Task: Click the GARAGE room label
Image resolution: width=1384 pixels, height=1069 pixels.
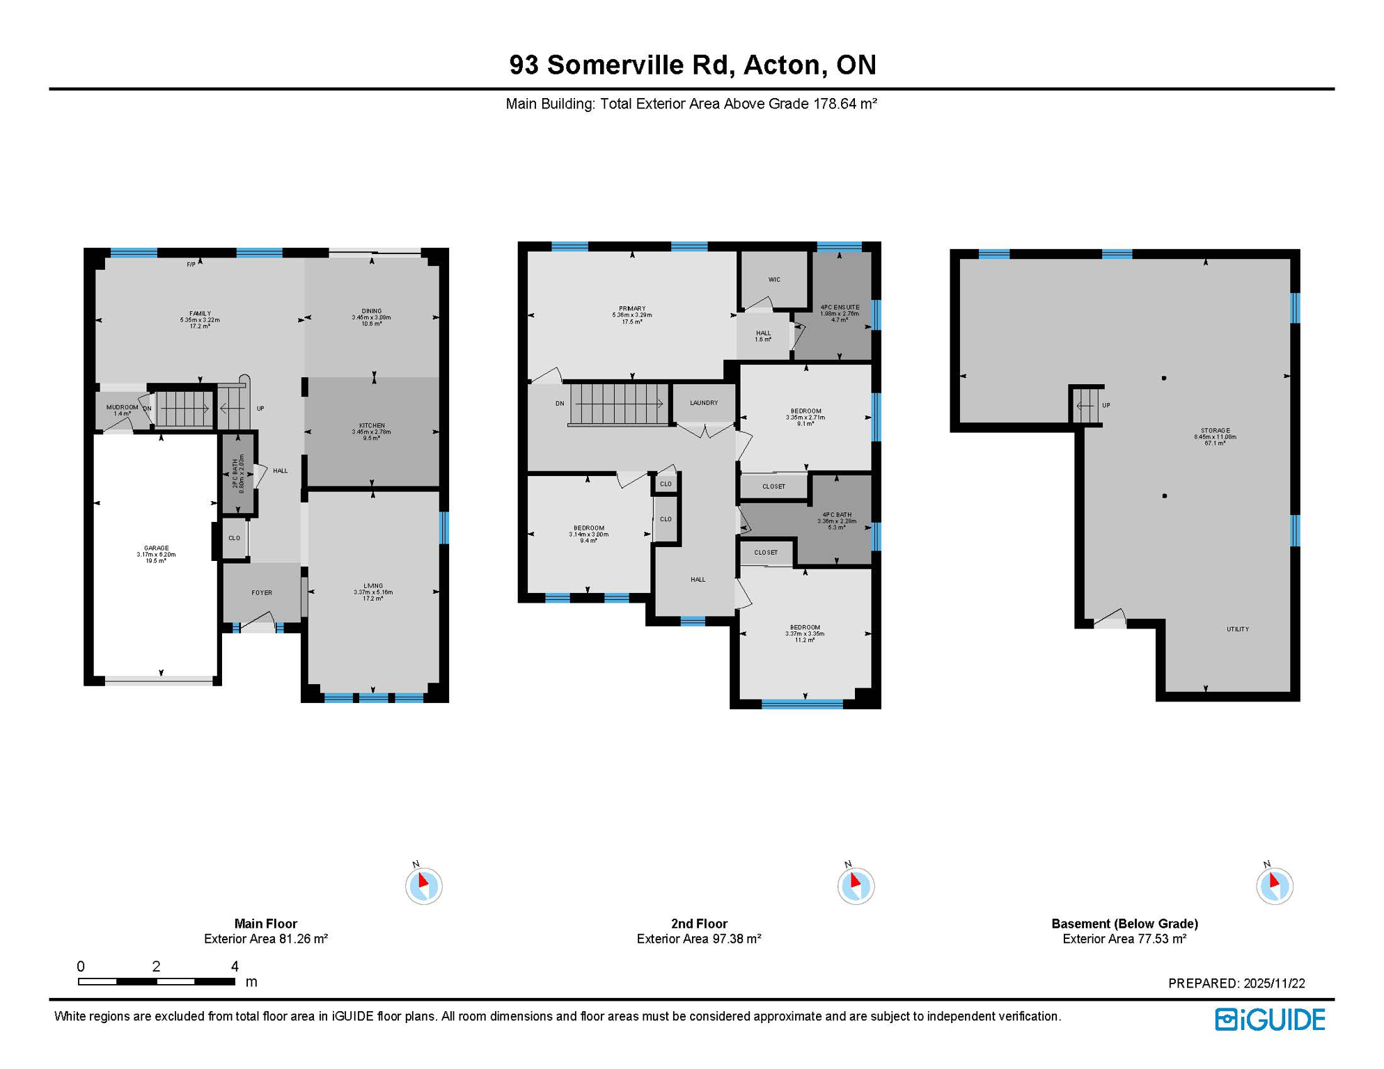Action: click(x=156, y=548)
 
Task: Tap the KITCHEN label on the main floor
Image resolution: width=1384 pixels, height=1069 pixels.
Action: click(x=372, y=426)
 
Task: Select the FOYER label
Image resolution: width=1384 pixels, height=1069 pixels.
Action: click(x=262, y=593)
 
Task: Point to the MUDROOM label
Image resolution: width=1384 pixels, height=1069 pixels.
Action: click(x=122, y=408)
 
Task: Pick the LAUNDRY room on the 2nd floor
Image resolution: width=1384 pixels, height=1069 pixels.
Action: click(x=704, y=403)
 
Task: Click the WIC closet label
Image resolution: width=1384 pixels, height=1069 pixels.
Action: click(x=774, y=280)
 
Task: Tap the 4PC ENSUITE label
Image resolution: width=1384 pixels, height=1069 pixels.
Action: click(x=840, y=308)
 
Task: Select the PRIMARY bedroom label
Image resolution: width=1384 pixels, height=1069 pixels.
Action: click(x=632, y=309)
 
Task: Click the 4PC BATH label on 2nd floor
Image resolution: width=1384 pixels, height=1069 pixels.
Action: click(x=837, y=516)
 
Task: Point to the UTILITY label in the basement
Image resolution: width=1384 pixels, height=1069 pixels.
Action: click(x=1237, y=629)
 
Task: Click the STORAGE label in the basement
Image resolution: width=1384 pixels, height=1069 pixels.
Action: click(x=1215, y=431)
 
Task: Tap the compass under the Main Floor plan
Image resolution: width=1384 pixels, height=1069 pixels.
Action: click(x=424, y=886)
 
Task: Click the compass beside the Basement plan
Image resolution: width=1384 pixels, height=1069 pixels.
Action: click(x=1274, y=886)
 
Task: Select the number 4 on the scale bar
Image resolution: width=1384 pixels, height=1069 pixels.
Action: click(x=235, y=967)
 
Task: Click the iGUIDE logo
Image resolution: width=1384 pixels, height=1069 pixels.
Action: click(x=1270, y=1020)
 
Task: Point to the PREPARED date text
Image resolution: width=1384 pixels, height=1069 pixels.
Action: click(x=1236, y=983)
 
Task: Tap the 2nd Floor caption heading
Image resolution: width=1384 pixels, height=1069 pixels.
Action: click(x=699, y=924)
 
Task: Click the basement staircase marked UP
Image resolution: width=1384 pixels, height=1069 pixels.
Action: click(x=1087, y=405)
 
